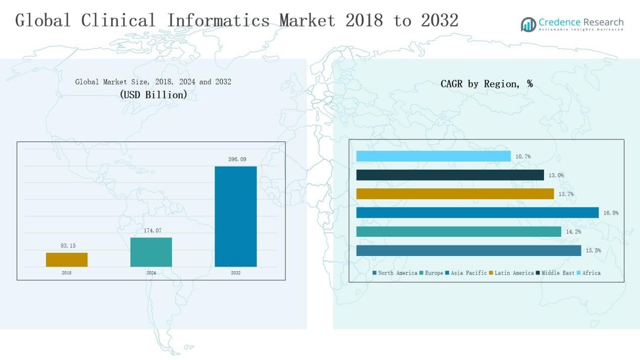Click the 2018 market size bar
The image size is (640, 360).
pos(67,260)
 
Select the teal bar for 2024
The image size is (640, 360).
pos(151,252)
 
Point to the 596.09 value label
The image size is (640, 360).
pos(237,160)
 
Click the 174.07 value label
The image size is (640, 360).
pos(152,231)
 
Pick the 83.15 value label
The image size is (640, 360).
pos(68,246)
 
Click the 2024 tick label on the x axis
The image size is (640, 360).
pos(151,273)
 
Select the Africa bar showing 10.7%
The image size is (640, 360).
pos(433,157)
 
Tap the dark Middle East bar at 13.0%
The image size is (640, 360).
pos(450,175)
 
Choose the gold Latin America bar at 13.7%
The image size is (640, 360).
pos(455,194)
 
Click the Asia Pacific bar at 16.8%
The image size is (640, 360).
pos(477,213)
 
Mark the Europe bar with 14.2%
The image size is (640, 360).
pos(459,231)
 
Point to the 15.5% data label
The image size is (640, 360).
pos(593,250)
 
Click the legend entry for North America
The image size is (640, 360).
pos(395,273)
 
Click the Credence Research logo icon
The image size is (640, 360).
pos(528,24)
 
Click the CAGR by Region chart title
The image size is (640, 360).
pos(486,84)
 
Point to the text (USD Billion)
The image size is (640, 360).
pos(153,94)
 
